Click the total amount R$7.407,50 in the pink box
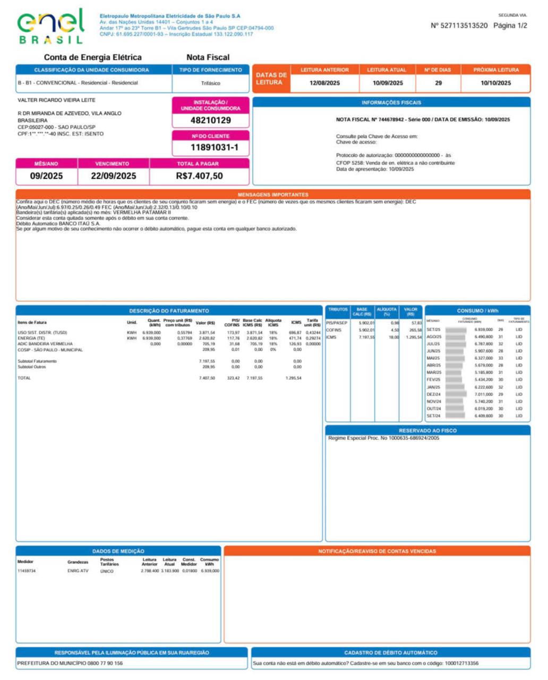point(199,176)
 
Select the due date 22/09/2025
point(113,176)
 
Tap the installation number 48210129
point(210,121)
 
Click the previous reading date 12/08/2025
point(324,83)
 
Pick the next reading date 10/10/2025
point(495,83)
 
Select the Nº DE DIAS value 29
point(438,83)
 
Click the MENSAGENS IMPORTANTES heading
point(273,195)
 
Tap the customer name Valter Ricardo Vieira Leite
point(56,100)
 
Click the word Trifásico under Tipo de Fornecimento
point(210,83)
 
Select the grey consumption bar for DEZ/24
point(456,394)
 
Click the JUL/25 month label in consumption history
point(433,344)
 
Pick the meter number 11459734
point(27,571)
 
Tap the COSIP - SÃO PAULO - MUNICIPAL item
point(50,350)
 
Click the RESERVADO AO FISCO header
point(427,431)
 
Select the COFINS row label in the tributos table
point(333,330)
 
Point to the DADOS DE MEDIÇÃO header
point(118,551)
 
